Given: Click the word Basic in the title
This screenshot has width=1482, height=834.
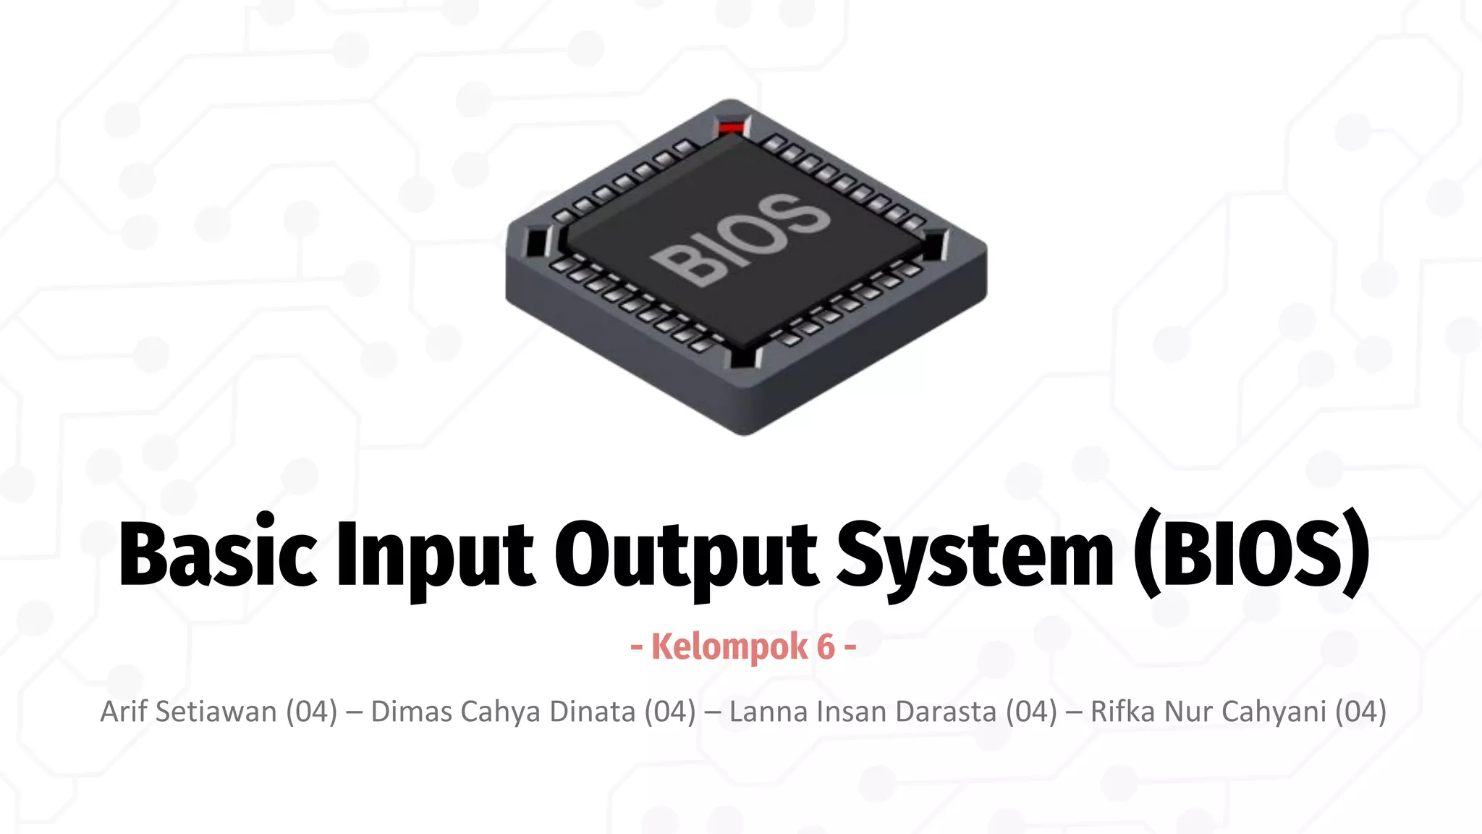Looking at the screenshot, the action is [x=217, y=554].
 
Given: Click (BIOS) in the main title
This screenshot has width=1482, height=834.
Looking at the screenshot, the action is [x=1250, y=554].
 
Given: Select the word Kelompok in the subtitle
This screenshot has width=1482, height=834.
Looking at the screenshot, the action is [x=729, y=646].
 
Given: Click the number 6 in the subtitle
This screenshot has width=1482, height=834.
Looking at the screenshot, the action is [x=826, y=646].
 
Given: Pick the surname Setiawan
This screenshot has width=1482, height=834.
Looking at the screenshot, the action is [x=216, y=712].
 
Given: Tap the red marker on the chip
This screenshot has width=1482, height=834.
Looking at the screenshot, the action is [x=731, y=128].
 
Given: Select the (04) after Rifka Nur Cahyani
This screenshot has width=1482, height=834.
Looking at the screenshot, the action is [x=1360, y=712].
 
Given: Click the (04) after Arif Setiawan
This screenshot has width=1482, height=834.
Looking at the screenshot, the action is [x=311, y=712].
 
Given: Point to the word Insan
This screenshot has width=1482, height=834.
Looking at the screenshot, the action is [x=851, y=712].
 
